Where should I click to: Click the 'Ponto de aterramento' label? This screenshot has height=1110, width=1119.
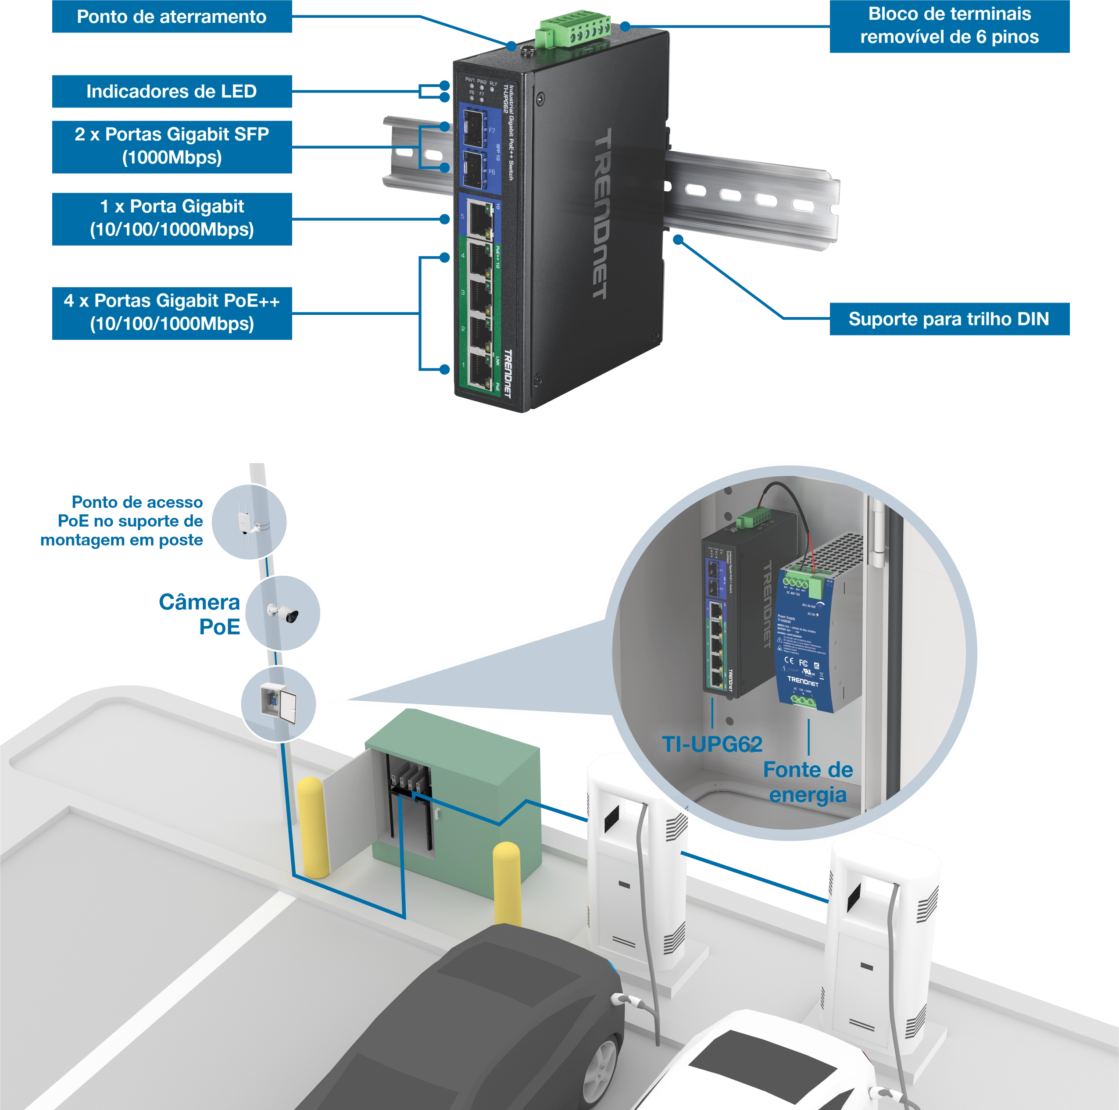(172, 17)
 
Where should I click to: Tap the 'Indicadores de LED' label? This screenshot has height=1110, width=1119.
(172, 92)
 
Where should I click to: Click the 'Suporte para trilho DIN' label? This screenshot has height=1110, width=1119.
(948, 319)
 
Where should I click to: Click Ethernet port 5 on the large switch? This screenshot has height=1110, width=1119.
(479, 217)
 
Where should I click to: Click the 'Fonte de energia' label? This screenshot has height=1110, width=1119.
(808, 782)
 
